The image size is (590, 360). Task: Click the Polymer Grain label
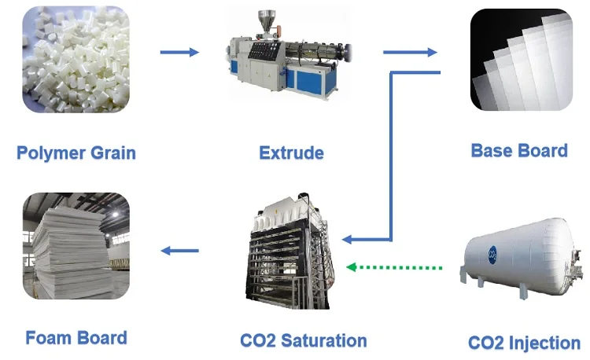pos(76,152)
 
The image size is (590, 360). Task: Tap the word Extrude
pos(291,152)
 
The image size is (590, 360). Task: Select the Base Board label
pos(518,150)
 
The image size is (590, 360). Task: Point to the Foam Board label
pos(76,338)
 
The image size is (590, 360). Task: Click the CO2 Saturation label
pos(303,340)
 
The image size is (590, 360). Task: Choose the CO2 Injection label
pos(523,343)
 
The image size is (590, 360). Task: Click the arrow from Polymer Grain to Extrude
pos(179,53)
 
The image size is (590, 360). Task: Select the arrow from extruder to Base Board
pos(410,53)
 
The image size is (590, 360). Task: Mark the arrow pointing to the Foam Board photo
pos(179,251)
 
